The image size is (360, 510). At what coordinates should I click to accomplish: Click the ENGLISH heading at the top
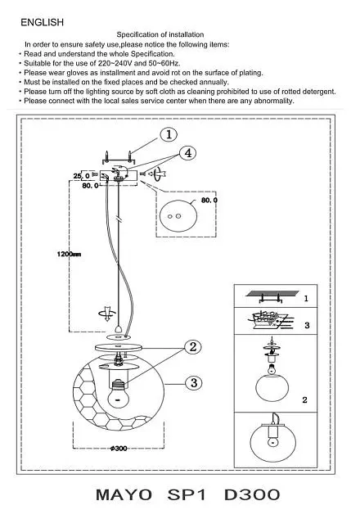coord(42,22)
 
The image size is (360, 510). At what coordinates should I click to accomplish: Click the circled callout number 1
coord(169,134)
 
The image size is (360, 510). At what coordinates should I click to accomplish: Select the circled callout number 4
coord(188,153)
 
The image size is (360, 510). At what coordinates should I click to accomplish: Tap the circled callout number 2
coord(193,347)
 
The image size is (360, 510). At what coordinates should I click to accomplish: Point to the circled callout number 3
coord(194,383)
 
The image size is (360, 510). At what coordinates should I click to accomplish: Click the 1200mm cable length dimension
coord(69,254)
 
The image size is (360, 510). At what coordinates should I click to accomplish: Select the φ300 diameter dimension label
coord(119,449)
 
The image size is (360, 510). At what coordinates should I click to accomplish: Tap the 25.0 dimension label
coord(81,176)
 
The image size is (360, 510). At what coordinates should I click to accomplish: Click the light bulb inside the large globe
coord(117,394)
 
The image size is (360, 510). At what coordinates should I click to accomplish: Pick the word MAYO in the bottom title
coord(124,494)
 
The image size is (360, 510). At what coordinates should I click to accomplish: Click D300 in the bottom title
coord(252,494)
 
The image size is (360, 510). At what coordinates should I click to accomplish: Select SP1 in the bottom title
coord(187,494)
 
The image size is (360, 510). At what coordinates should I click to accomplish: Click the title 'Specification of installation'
coord(160,34)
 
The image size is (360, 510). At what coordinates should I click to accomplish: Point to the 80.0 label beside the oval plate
coord(209,201)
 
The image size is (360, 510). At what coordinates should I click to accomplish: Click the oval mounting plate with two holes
coord(178,215)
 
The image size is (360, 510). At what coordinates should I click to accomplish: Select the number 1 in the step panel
coord(306,298)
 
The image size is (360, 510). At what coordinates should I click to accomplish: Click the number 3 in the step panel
coord(307,325)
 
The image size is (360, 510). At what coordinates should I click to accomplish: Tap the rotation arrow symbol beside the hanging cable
coord(107,314)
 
